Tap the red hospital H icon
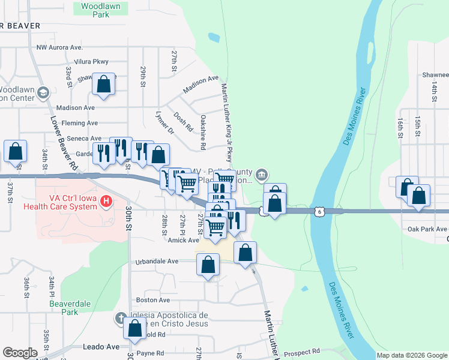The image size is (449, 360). (106, 200)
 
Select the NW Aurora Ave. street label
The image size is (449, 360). (59, 47)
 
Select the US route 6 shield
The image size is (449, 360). (319, 211)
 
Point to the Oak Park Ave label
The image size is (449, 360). (427, 229)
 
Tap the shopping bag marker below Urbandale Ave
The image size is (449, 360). (208, 265)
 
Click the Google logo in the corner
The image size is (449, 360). (20, 353)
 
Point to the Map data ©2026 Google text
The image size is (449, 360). (412, 355)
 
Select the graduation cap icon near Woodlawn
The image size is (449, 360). (43, 92)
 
